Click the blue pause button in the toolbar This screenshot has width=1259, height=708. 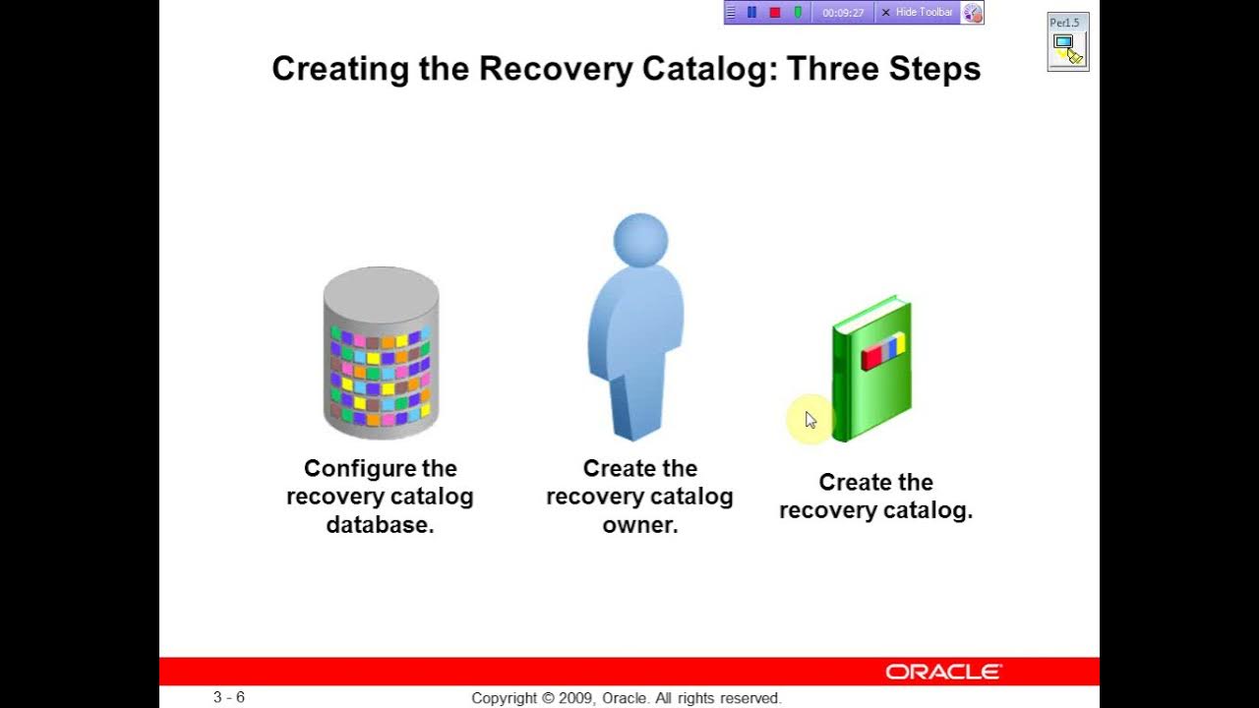click(751, 13)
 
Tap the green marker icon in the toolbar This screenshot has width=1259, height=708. click(798, 13)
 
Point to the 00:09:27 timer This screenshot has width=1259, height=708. click(843, 13)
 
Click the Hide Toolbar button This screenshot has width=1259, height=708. click(917, 13)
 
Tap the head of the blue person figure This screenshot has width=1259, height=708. click(640, 239)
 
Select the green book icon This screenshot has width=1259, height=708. click(872, 369)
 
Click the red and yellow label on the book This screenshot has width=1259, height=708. click(882, 351)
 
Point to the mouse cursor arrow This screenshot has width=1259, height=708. click(810, 420)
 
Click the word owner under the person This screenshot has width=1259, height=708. click(640, 524)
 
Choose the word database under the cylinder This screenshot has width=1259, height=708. click(380, 524)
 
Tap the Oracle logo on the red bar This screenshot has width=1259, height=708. click(943, 672)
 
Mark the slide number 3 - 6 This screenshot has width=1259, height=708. click(229, 697)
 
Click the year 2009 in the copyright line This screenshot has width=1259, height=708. click(573, 698)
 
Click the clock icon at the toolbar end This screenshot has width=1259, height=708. click(972, 13)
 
